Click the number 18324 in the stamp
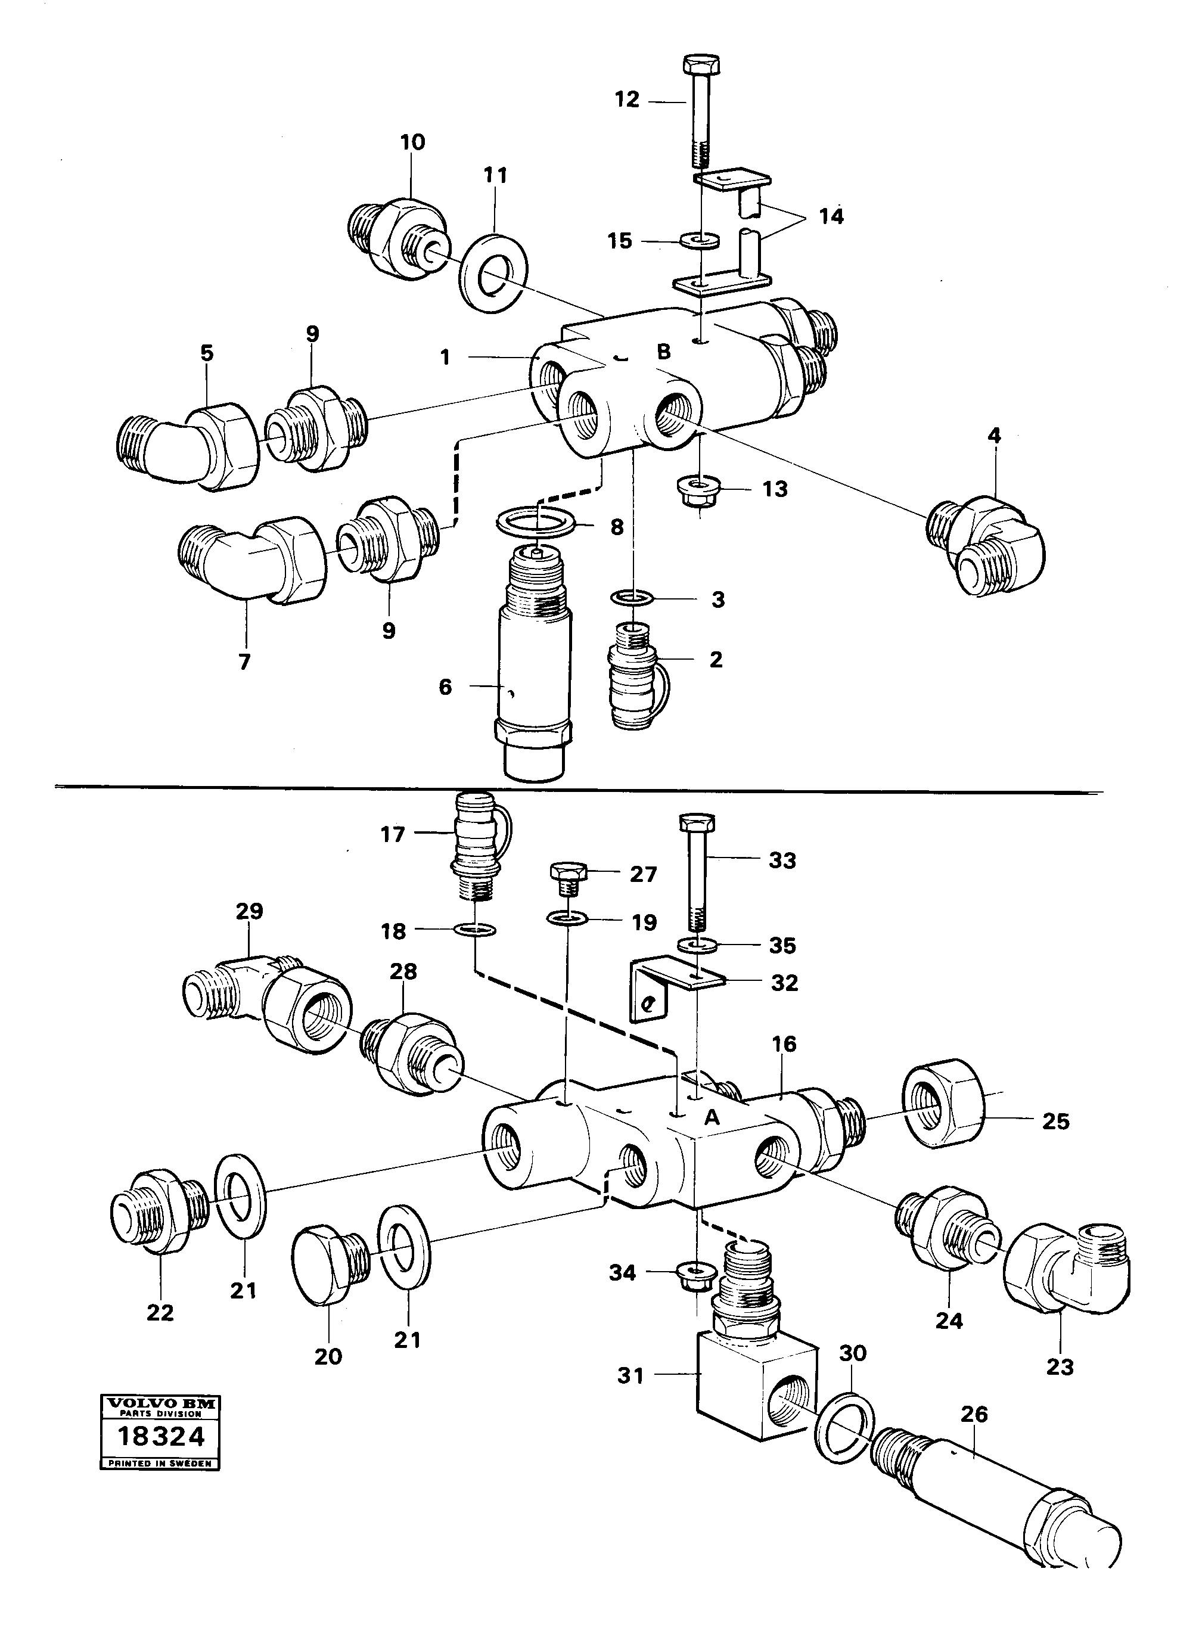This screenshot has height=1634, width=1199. coord(161,1436)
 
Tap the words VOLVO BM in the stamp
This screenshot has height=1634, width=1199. coord(160,1404)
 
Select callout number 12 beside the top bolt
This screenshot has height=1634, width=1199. coord(626,100)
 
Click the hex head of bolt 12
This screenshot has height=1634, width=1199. coord(702,64)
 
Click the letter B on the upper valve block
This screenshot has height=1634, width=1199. coord(663,353)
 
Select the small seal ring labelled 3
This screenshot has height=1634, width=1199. coord(633,598)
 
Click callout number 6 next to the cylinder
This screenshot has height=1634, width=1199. coord(445,686)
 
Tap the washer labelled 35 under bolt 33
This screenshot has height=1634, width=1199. coord(697,946)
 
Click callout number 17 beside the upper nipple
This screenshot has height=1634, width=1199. coord(392,834)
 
